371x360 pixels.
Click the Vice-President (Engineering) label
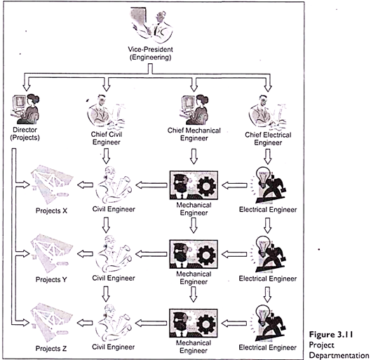click(150, 53)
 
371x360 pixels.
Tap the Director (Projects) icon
click(25, 109)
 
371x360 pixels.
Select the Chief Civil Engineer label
click(106, 138)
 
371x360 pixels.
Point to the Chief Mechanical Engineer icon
click(195, 109)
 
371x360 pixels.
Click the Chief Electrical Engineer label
click(268, 139)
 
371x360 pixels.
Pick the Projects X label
click(51, 211)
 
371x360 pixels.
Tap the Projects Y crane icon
click(51, 254)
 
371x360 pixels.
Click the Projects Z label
click(51, 348)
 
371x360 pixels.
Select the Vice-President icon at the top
click(151, 25)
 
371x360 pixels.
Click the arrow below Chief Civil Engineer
click(106, 156)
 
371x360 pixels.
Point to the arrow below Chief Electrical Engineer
click(268, 156)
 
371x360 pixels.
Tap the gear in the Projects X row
click(206, 186)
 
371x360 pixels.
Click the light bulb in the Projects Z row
click(263, 314)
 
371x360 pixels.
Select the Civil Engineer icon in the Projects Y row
click(114, 254)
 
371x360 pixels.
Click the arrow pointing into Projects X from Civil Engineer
click(85, 185)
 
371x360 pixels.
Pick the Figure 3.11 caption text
click(331, 335)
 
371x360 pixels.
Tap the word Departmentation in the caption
click(339, 355)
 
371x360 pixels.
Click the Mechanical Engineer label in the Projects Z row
click(194, 347)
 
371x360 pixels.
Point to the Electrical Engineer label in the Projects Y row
click(268, 279)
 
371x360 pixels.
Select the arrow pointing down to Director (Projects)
click(26, 83)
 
